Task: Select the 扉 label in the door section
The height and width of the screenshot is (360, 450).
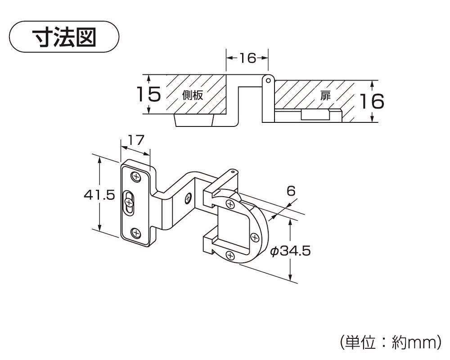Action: (x=325, y=95)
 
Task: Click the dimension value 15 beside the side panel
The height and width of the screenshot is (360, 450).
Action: (x=148, y=94)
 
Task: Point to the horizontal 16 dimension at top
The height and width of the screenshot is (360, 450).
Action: (x=247, y=58)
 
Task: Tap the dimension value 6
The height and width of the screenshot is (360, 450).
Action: (x=291, y=191)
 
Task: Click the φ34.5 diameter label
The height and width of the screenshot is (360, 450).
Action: (x=290, y=251)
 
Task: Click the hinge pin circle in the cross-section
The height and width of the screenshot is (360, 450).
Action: (x=268, y=81)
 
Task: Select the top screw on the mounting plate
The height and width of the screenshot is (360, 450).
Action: (x=135, y=176)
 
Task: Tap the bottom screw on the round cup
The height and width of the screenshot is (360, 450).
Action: (x=230, y=256)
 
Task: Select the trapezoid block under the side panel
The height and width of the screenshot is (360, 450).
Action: (x=194, y=120)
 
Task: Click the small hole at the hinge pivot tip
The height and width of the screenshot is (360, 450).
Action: (x=232, y=171)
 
